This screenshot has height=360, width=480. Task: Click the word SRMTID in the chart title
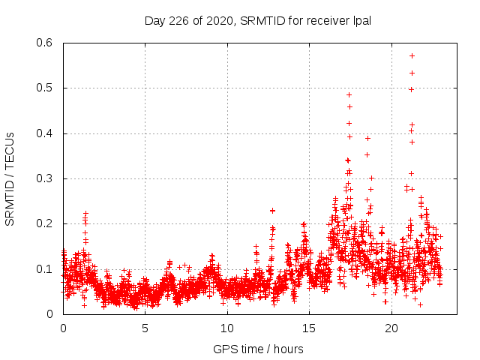[261, 21]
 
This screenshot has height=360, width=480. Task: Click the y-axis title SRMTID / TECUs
[10, 178]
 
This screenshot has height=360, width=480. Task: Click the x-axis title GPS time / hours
[259, 349]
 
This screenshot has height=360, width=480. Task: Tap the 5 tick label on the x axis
[145, 328]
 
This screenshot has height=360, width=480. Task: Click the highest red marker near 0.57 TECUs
[412, 55]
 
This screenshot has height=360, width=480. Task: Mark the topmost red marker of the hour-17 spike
[349, 94]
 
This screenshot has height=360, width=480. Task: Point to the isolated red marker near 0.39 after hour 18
[367, 138]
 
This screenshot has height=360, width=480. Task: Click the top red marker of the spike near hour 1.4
[86, 214]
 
